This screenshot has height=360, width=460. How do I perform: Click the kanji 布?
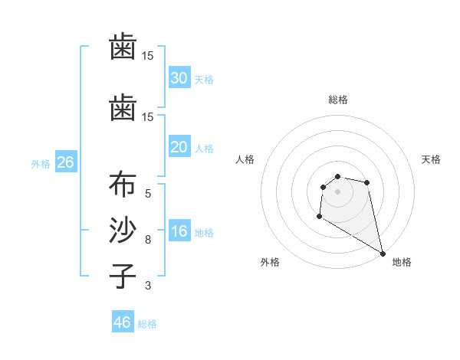pyautogui.click(x=123, y=186)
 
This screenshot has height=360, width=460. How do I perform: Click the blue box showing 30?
pyautogui.click(x=179, y=78)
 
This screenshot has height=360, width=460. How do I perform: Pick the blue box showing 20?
pyautogui.click(x=179, y=147)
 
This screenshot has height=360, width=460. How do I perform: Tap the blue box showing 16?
pyautogui.click(x=179, y=232)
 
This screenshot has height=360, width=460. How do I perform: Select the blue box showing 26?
pyautogui.click(x=65, y=162)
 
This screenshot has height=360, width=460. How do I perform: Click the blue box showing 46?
pyautogui.click(x=123, y=322)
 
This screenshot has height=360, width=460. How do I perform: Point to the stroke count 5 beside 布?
pyautogui.click(x=148, y=193)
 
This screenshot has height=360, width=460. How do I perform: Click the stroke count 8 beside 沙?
pyautogui.click(x=148, y=239)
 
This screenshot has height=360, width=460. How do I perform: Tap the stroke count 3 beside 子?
pyautogui.click(x=148, y=286)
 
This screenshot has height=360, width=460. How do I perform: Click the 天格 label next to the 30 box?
pyautogui.click(x=204, y=79)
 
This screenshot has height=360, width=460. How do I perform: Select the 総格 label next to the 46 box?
pyautogui.click(x=147, y=324)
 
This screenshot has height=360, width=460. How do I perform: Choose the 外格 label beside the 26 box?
pyautogui.click(x=41, y=163)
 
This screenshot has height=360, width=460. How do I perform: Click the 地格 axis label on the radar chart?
pyautogui.click(x=402, y=262)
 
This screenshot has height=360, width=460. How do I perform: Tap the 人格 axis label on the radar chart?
pyautogui.click(x=245, y=159)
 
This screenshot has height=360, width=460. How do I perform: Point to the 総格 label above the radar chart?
pyautogui.click(x=337, y=100)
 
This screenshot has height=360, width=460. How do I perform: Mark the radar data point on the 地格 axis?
pyautogui.click(x=383, y=252)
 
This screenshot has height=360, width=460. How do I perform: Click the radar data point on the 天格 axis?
pyautogui.click(x=367, y=182)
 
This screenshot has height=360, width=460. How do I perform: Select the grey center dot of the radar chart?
pyautogui.click(x=337, y=191)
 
